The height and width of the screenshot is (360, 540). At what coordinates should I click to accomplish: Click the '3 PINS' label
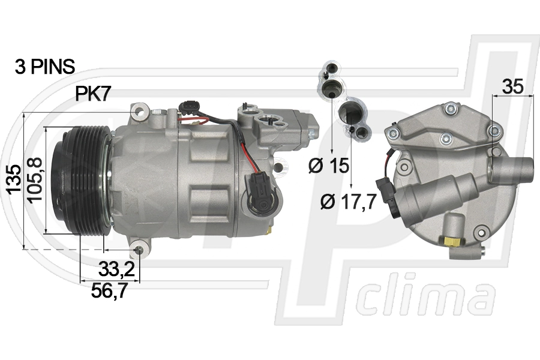[x=45, y=67]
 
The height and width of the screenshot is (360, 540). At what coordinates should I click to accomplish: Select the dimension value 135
[x=14, y=179]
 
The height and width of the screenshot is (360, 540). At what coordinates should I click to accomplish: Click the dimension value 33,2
[x=116, y=269]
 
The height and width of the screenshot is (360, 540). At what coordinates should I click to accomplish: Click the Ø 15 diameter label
[x=329, y=166]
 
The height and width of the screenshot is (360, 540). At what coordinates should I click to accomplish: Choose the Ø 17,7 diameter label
[x=348, y=202]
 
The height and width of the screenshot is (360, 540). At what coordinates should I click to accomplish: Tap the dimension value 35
[x=512, y=86]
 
